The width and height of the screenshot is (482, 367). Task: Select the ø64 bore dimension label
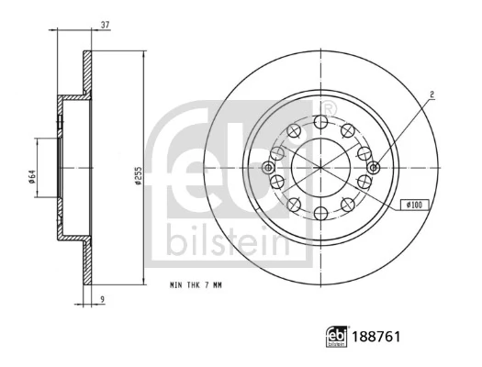pyautogui.click(x=31, y=174)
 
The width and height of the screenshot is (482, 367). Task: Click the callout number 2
pyautogui.click(x=432, y=93)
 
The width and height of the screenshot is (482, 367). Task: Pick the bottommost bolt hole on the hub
pyautogui.click(x=319, y=213)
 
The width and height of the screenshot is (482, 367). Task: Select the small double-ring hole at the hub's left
pyautogui.click(x=268, y=168)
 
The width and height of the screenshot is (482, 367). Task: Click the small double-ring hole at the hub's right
pyautogui.click(x=373, y=168)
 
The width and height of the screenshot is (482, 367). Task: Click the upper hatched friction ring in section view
pyautogui.click(x=87, y=72)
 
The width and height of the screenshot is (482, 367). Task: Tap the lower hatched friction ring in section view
pyautogui.click(x=87, y=262)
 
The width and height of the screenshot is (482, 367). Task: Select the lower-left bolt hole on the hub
pyautogui.click(x=293, y=204)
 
